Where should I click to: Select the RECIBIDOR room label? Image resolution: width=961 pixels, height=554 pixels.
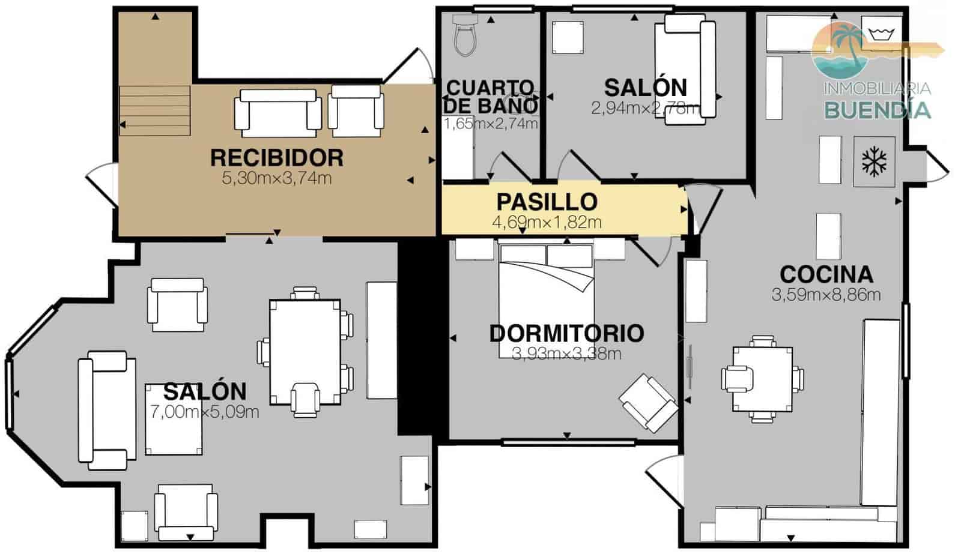[x=277, y=158]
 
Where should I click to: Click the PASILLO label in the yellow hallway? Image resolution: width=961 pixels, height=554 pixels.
[x=547, y=202]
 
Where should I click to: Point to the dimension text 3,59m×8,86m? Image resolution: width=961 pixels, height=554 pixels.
[x=826, y=295]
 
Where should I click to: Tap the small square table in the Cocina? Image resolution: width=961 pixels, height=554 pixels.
[x=762, y=379]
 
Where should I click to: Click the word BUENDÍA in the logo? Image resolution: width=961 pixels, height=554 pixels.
[x=878, y=110]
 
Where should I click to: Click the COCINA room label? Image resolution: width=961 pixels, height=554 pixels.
[x=826, y=274]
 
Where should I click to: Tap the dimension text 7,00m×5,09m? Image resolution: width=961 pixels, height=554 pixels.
[x=204, y=412]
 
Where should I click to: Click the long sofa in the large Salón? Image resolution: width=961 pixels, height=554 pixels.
[x=106, y=410]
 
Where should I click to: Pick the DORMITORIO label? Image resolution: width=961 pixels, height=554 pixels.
[x=566, y=333]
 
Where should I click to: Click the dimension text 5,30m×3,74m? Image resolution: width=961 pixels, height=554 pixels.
[x=277, y=178]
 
